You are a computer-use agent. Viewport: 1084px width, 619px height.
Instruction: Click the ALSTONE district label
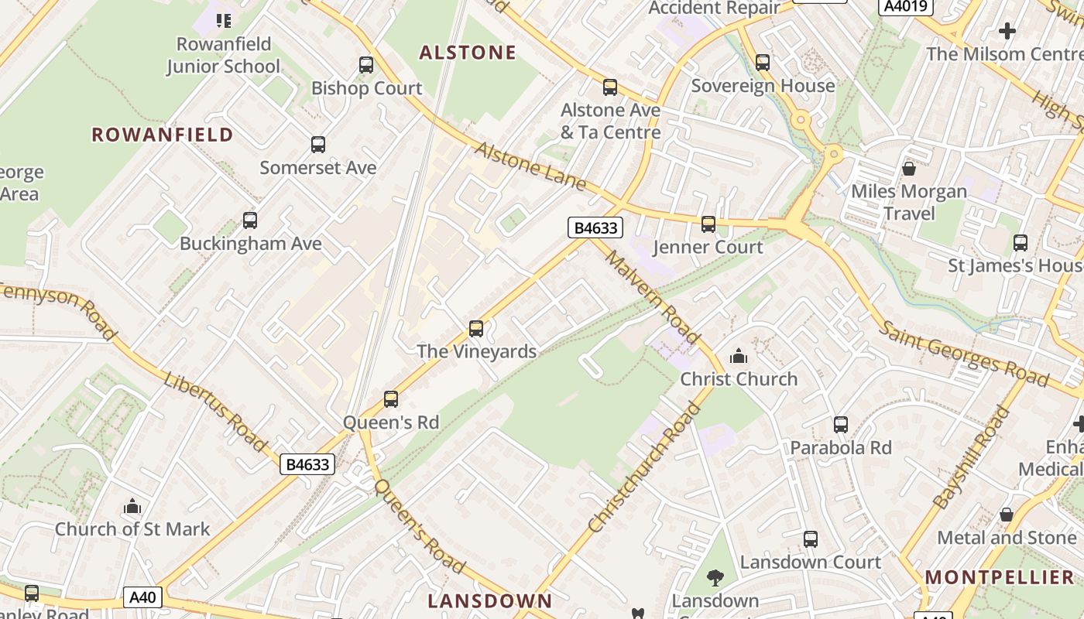(x=468, y=53)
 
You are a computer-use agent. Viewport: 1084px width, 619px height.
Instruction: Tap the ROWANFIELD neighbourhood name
(x=163, y=135)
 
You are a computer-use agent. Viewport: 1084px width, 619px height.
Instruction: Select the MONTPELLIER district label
(x=1000, y=577)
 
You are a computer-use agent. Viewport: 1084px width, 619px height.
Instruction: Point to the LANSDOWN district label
(x=490, y=601)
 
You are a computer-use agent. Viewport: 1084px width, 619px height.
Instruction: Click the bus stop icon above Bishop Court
(x=366, y=65)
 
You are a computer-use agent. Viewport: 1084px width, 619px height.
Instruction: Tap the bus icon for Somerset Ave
(x=318, y=145)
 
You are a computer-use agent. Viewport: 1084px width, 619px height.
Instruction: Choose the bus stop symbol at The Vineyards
(x=476, y=329)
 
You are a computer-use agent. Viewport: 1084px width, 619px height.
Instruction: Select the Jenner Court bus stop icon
(x=708, y=224)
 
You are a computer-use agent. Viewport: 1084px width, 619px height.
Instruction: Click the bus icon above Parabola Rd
(x=841, y=424)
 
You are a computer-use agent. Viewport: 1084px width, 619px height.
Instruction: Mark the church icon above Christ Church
(x=739, y=356)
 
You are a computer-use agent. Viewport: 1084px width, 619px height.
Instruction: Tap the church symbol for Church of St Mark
(x=132, y=507)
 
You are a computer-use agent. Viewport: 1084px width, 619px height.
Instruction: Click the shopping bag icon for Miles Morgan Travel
(x=909, y=168)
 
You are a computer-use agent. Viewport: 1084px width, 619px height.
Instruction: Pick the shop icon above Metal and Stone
(x=1007, y=514)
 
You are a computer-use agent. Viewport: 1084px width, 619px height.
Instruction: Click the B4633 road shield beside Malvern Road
(x=595, y=227)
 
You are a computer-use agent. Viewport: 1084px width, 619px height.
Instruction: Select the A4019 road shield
(x=907, y=7)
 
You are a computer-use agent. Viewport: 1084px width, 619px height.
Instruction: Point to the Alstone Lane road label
(x=530, y=167)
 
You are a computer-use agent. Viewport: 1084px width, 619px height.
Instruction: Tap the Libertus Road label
(x=216, y=412)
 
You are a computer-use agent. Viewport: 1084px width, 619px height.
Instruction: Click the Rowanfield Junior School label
(x=223, y=55)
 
